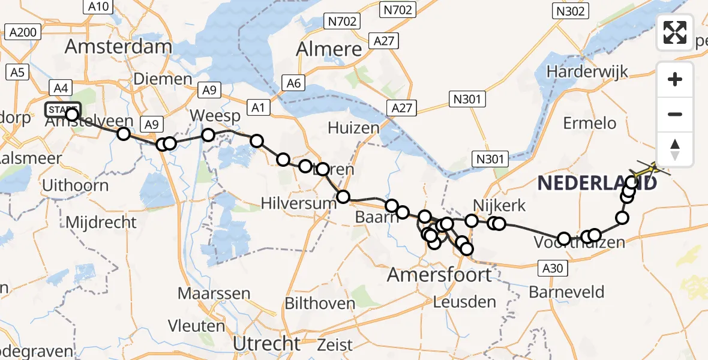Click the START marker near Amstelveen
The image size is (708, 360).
pyautogui.click(x=62, y=110)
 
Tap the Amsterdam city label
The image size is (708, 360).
pyautogui.click(x=118, y=46)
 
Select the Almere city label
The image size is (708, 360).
pyautogui.click(x=329, y=49)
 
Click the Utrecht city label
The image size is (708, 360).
pyautogui.click(x=266, y=344)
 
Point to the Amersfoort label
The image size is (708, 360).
pyautogui.click(x=439, y=275)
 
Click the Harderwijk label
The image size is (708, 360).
pyautogui.click(x=587, y=71)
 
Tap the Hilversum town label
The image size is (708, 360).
pyautogui.click(x=298, y=203)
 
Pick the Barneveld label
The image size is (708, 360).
pyautogui.click(x=566, y=293)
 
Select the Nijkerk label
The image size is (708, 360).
pyautogui.click(x=499, y=206)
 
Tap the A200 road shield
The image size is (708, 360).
pyautogui.click(x=24, y=32)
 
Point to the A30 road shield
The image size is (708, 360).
pyautogui.click(x=551, y=268)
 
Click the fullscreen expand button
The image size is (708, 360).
pyautogui.click(x=675, y=32)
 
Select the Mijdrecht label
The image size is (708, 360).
pyautogui.click(x=101, y=223)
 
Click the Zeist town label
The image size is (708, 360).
pyautogui.click(x=335, y=345)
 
